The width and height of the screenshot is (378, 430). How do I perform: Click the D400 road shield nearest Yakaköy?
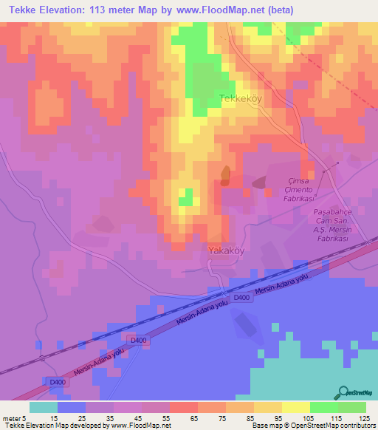(x=241, y=297)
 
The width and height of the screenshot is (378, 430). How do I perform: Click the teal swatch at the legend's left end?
(x=44, y=407)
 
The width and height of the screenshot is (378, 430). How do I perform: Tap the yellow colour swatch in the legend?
(x=295, y=407)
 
